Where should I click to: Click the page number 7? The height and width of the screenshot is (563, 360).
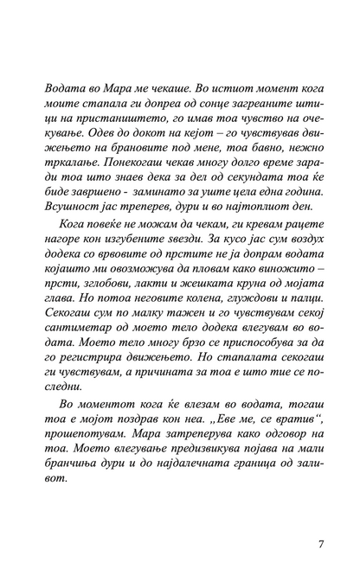click(x=321, y=520)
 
